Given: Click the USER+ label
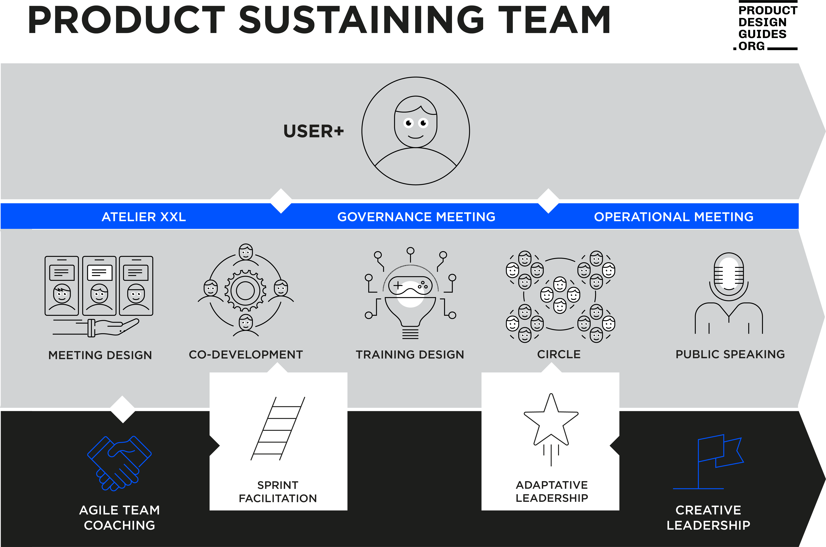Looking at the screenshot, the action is pyautogui.click(x=313, y=131).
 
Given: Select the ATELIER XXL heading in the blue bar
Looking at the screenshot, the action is pyautogui.click(x=144, y=217).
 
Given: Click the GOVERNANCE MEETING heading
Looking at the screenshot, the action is pyautogui.click(x=416, y=217).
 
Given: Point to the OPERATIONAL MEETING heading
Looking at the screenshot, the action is pyautogui.click(x=673, y=217).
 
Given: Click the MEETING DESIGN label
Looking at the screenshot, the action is pyautogui.click(x=100, y=355).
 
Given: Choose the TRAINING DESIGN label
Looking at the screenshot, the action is pyautogui.click(x=410, y=354).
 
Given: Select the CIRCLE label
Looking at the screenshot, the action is pyautogui.click(x=559, y=354).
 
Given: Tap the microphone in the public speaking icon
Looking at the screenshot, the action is pyautogui.click(x=729, y=272).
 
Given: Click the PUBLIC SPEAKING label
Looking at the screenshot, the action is pyautogui.click(x=730, y=354).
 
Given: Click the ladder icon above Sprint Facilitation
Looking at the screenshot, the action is pyautogui.click(x=278, y=428).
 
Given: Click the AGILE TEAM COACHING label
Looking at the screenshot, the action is pyautogui.click(x=119, y=518).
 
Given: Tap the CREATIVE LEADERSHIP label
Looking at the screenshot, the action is pyautogui.click(x=708, y=518).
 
